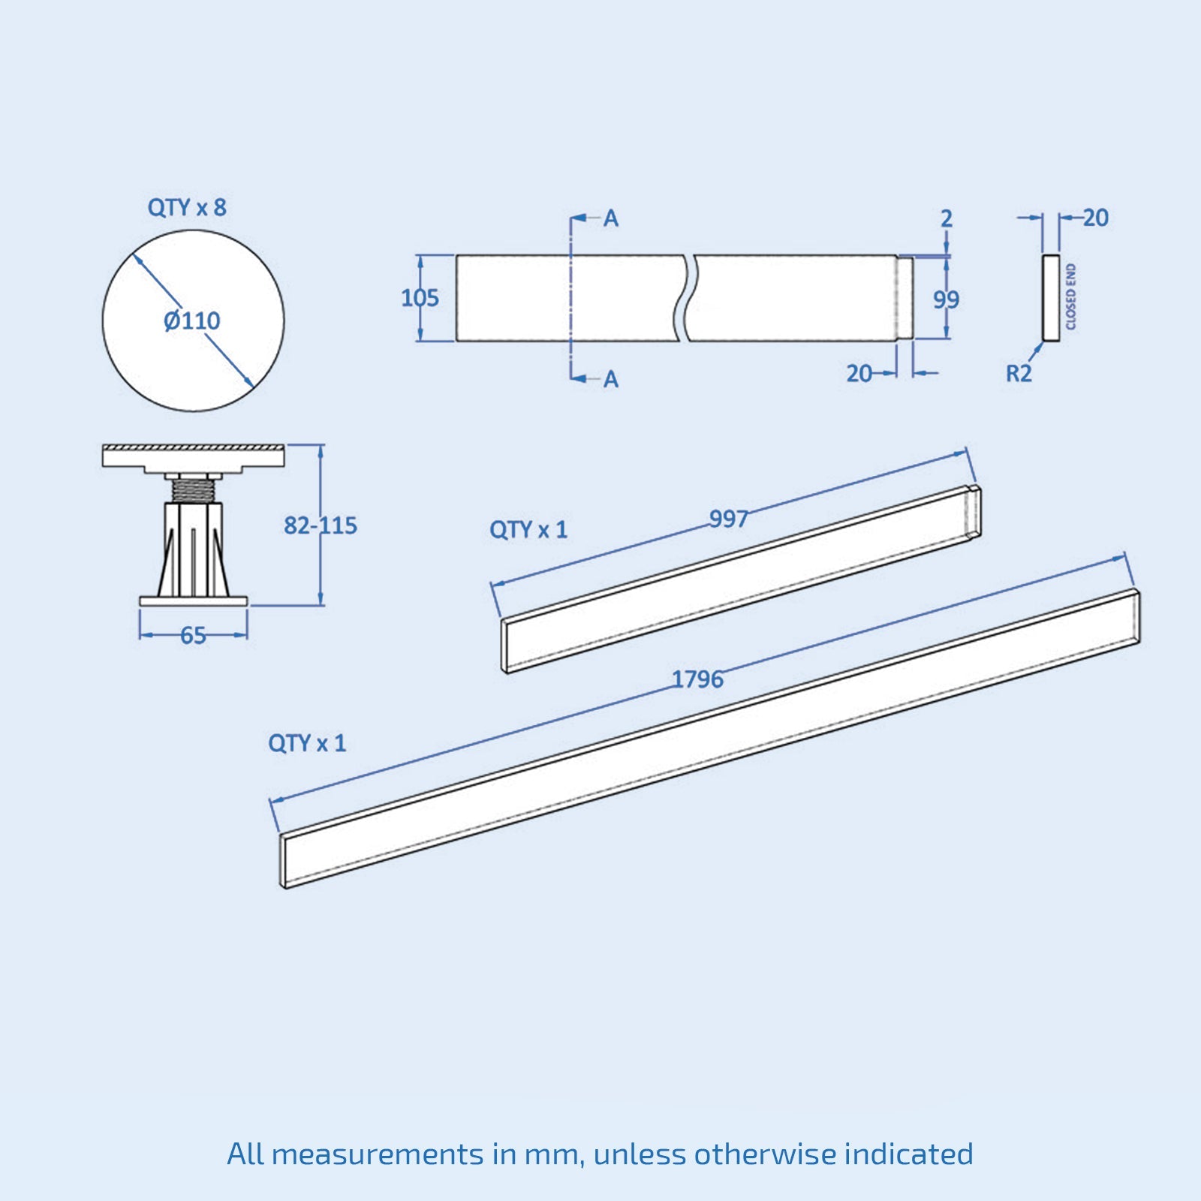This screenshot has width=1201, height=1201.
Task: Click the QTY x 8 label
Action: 186,207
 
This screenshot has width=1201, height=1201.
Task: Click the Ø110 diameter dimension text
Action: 192,321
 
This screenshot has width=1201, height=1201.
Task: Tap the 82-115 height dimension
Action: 320,525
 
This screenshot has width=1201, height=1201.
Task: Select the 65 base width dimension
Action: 193,636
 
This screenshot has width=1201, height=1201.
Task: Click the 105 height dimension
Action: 420,298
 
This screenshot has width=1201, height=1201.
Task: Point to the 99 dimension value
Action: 946,299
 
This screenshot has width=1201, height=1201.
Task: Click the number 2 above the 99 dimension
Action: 947,218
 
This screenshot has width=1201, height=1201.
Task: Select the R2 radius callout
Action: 1019,373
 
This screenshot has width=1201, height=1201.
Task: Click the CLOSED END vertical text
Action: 1071,297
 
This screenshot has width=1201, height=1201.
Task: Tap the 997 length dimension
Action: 728,519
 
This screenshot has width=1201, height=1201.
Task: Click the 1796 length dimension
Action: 697,679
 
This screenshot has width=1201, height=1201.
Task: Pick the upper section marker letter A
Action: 611,218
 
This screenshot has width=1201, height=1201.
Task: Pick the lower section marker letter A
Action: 611,379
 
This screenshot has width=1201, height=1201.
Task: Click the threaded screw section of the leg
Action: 194,490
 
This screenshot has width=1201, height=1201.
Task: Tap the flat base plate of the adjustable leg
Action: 194,600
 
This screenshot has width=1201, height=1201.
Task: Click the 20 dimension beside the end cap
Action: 1095,218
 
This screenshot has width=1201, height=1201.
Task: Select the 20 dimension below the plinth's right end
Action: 859,373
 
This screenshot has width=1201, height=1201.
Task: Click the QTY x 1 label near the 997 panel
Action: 528,530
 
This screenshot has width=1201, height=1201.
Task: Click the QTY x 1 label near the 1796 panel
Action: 306,743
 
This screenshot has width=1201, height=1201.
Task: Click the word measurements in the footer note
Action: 378,1154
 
